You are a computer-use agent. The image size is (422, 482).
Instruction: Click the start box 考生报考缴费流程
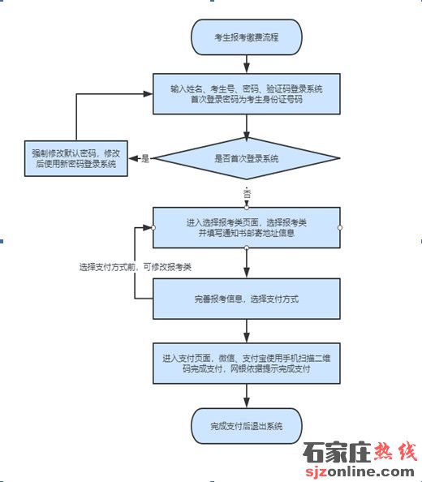click(247, 37)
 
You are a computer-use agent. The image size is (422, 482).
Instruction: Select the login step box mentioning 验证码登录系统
click(247, 94)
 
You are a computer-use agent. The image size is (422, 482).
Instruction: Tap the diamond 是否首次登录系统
click(247, 158)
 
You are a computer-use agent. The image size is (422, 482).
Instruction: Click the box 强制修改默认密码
click(76, 158)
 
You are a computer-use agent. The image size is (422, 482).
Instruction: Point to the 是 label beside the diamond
click(144, 158)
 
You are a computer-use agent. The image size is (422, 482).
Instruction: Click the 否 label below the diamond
click(247, 194)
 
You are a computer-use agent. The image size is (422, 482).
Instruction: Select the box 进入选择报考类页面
click(247, 227)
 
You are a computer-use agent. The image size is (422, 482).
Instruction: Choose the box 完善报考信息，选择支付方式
click(247, 299)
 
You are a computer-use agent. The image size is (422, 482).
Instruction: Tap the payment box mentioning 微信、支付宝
click(247, 364)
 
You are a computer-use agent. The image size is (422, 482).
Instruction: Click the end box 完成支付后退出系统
click(247, 426)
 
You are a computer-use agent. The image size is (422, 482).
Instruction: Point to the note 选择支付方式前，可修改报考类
click(136, 267)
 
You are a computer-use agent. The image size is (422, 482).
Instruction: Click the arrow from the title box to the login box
click(247, 64)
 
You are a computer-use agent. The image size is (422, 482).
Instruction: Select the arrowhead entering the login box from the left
click(149, 94)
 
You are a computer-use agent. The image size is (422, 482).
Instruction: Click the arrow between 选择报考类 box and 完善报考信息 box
click(247, 263)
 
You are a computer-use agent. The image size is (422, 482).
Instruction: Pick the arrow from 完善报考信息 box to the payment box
click(247, 331)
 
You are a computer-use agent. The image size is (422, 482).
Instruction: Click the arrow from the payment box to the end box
click(247, 396)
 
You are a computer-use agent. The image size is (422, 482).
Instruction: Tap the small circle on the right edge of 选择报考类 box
click(340, 227)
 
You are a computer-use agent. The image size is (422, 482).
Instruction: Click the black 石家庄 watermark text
click(337, 452)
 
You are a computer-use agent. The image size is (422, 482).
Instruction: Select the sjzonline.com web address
click(360, 471)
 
